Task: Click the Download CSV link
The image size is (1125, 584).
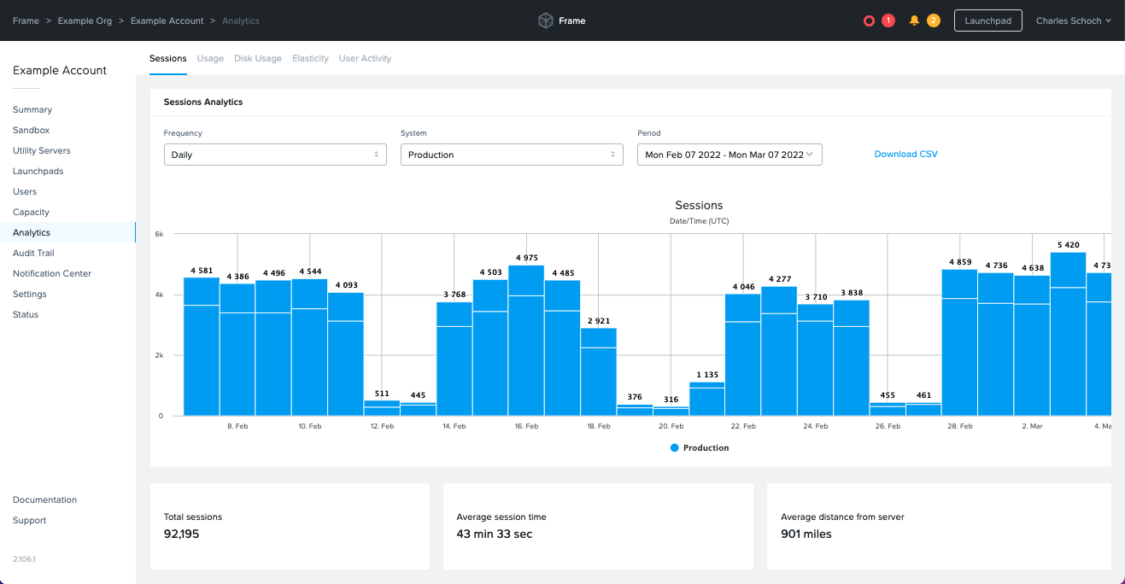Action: (x=905, y=155)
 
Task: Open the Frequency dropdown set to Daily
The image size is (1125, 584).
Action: (x=274, y=155)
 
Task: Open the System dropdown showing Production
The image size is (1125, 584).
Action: (x=511, y=155)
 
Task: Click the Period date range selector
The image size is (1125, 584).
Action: (x=729, y=155)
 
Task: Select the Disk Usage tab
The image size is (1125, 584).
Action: (x=257, y=59)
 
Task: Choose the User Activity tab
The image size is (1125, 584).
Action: (x=365, y=59)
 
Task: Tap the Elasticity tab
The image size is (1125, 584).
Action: (x=310, y=59)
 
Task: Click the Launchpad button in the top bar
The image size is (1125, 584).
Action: (x=987, y=20)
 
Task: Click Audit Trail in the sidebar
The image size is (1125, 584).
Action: (x=33, y=254)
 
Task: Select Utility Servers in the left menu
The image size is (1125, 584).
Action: (x=41, y=151)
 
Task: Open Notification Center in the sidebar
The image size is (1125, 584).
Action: (x=51, y=274)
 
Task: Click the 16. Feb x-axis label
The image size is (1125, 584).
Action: (x=526, y=426)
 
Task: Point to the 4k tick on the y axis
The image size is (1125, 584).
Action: (x=158, y=295)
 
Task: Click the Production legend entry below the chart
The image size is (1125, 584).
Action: (x=700, y=448)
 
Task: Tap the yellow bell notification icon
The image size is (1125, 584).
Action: (x=914, y=20)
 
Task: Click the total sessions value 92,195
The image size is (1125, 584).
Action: (x=181, y=534)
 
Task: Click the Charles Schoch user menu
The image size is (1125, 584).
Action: (x=1073, y=20)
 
